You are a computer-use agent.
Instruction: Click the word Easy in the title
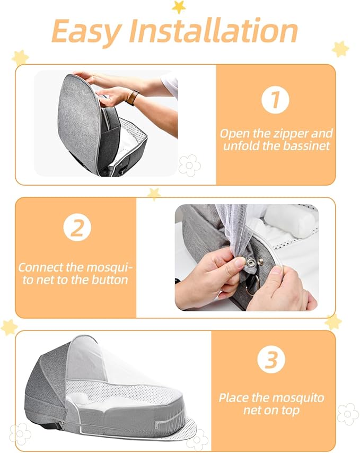(86, 32)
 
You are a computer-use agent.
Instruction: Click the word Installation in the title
(214, 32)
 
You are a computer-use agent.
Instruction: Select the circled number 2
(77, 228)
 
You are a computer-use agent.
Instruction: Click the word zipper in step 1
(288, 134)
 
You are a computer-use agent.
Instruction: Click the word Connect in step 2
(41, 267)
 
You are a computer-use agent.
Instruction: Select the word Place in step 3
(235, 398)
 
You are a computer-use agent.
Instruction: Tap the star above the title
(179, 6)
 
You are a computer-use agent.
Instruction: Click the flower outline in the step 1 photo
(189, 165)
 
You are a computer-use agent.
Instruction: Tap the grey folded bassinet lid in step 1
(80, 122)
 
